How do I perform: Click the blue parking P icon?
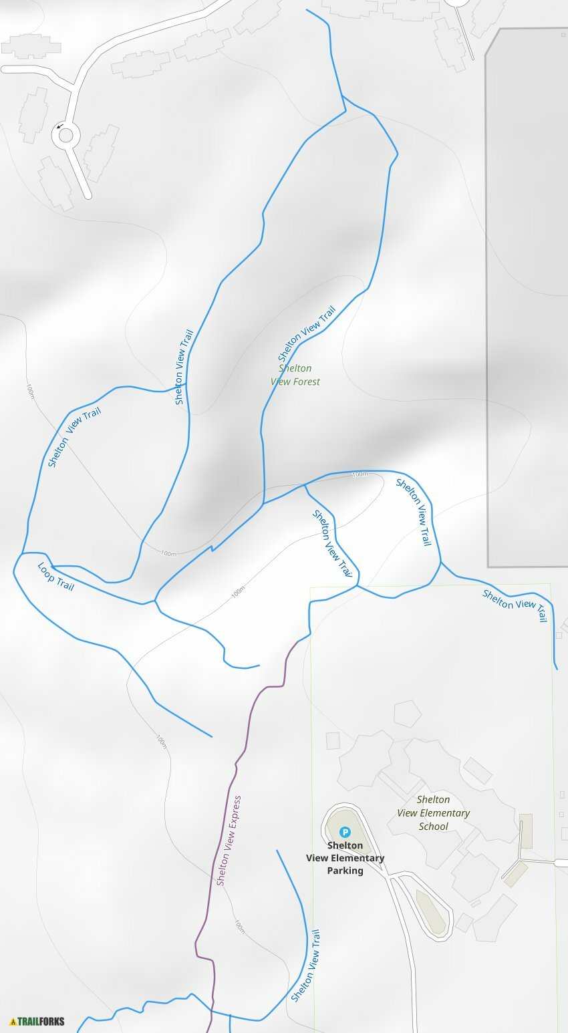click(x=345, y=832)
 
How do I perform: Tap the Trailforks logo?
click(x=37, y=1021)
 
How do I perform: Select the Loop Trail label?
click(x=55, y=577)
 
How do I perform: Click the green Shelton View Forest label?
click(x=295, y=375)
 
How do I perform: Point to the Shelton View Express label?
click(x=229, y=841)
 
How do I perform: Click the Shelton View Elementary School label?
click(x=433, y=813)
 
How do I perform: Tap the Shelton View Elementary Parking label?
click(x=345, y=858)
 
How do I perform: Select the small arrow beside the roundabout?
click(x=59, y=126)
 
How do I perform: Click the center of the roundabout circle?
click(x=66, y=136)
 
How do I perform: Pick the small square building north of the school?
click(x=333, y=740)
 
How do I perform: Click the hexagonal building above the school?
click(x=407, y=713)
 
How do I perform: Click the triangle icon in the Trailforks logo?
click(x=13, y=1021)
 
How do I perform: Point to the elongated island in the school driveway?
click(x=431, y=912)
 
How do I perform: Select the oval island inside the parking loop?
click(x=345, y=835)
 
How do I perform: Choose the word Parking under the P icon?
click(x=345, y=871)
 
